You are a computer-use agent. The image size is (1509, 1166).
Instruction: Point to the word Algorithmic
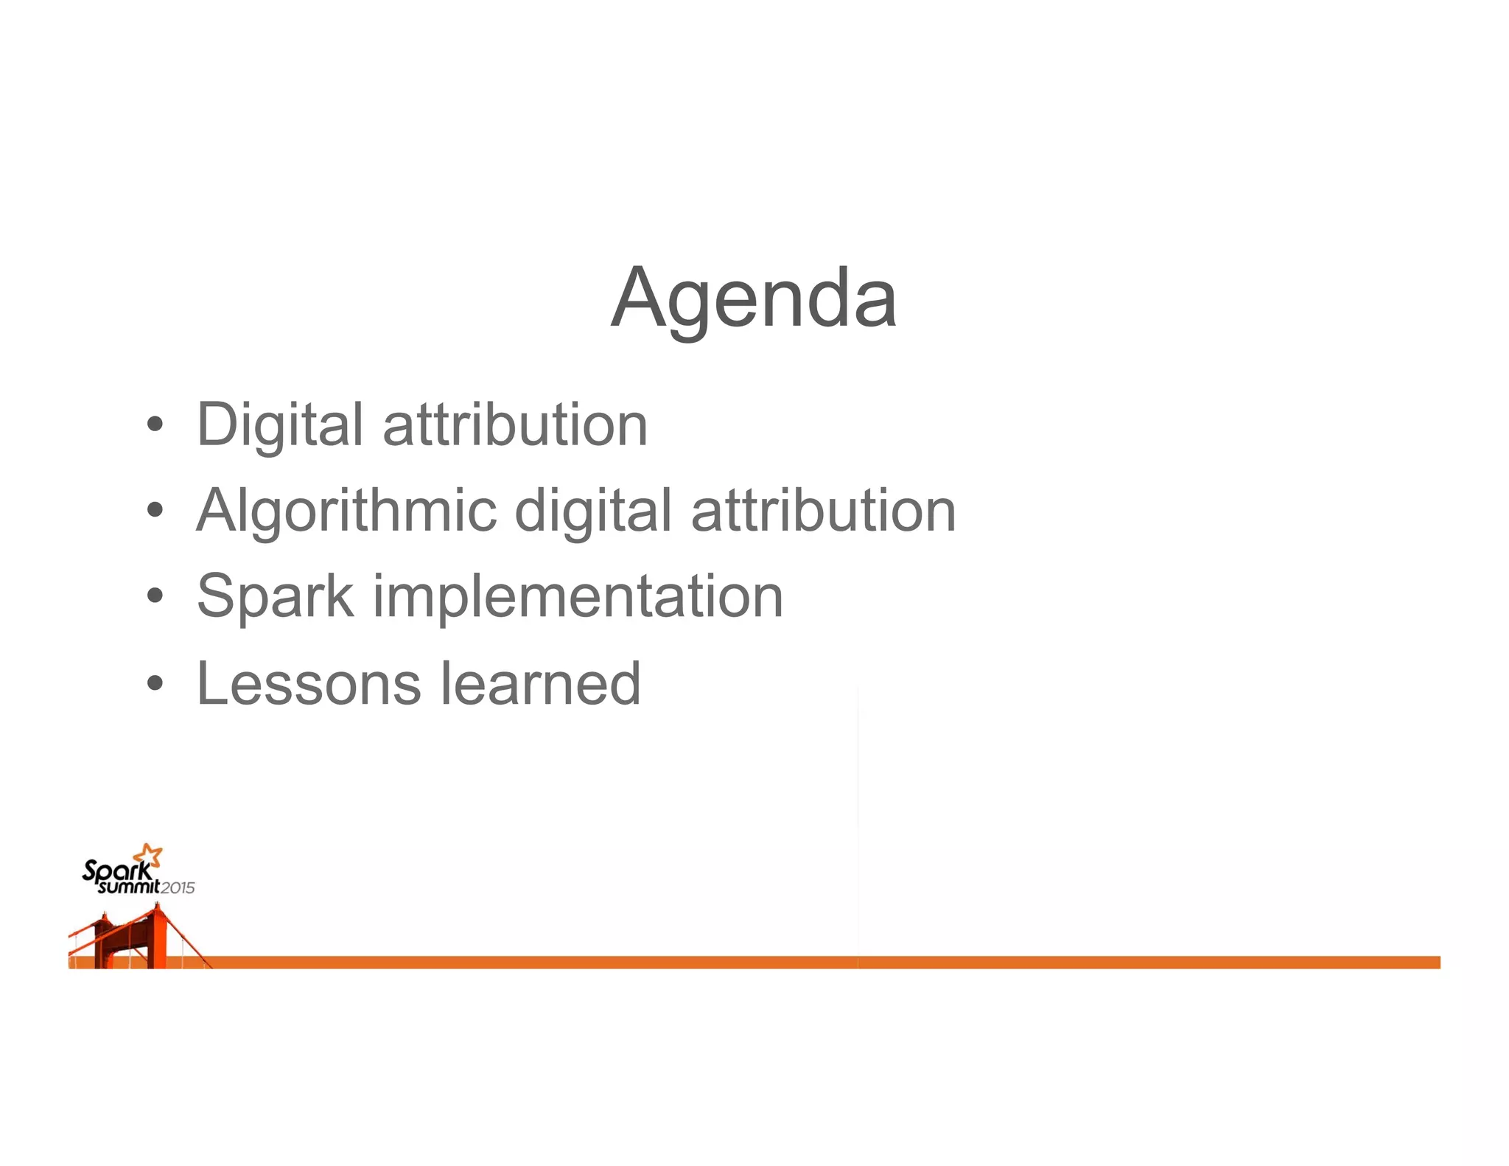(x=346, y=510)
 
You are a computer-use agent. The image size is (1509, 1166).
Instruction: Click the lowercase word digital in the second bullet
(x=593, y=510)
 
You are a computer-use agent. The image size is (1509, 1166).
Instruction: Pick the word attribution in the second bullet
(x=823, y=510)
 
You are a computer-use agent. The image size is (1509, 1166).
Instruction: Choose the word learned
(x=541, y=683)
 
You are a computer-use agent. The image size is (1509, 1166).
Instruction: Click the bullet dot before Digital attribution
(x=154, y=425)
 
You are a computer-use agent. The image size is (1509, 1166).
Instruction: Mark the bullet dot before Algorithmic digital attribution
(x=154, y=510)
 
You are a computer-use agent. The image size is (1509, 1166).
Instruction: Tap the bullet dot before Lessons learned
(x=154, y=683)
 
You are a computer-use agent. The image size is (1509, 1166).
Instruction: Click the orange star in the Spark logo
(x=150, y=855)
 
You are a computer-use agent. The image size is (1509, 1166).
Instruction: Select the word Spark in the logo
(x=116, y=871)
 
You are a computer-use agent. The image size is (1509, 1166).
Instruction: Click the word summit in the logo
(x=129, y=887)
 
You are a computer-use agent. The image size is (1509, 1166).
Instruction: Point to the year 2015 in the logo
(x=178, y=888)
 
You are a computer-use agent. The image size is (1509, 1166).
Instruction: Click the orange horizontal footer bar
(x=810, y=962)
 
